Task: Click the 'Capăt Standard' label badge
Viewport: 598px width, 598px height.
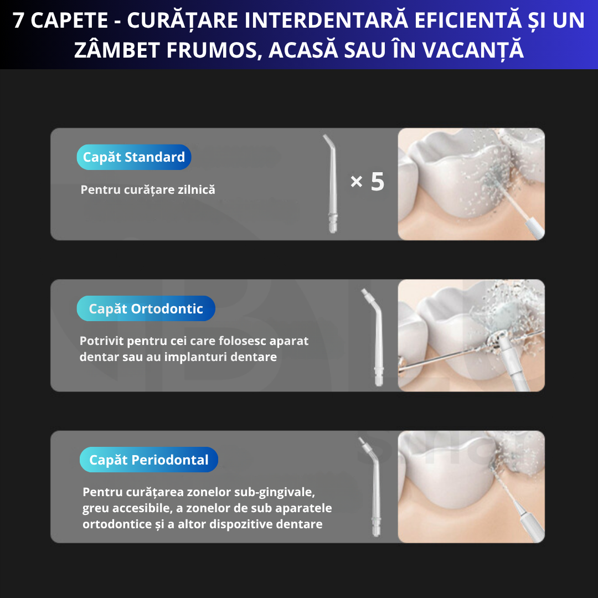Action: (x=134, y=157)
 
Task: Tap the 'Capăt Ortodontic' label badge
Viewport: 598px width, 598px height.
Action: (x=146, y=309)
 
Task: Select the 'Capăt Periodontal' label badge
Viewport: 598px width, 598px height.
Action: (x=148, y=460)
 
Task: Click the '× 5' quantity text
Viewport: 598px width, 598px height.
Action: (x=368, y=182)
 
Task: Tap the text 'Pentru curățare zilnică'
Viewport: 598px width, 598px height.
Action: (x=148, y=190)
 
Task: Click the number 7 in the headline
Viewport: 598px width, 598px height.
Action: (x=19, y=21)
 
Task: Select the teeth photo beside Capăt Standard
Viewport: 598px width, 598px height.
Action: (x=471, y=184)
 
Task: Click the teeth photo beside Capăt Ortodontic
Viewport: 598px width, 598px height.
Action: (x=471, y=336)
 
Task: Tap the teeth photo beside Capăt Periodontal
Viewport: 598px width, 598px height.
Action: (x=471, y=487)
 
